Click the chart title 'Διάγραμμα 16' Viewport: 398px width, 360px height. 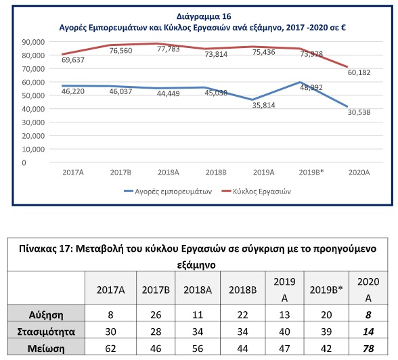(x=204, y=16)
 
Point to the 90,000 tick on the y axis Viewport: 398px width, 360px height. (x=33, y=42)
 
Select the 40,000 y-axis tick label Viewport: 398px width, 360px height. (x=33, y=109)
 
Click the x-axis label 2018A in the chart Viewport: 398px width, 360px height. (x=169, y=173)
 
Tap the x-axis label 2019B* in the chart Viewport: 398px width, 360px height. (x=311, y=173)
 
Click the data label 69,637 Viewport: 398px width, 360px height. (x=73, y=60)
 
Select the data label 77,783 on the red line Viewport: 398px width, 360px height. (x=169, y=49)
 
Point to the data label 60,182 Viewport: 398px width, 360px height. (x=359, y=72)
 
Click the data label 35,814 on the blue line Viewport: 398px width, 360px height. (x=263, y=105)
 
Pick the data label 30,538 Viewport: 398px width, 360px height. (x=359, y=112)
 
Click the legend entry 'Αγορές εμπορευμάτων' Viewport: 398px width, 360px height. (x=168, y=192)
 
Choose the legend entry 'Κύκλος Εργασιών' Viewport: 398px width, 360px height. (x=256, y=192)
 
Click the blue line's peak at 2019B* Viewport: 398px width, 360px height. (x=300, y=82)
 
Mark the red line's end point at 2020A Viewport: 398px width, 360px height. (x=347, y=67)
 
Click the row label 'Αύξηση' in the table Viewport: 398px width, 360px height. (x=46, y=315)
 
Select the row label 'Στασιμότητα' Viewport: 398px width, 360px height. (x=46, y=332)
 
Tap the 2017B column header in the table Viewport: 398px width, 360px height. (x=156, y=290)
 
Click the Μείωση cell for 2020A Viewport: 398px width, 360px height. (x=368, y=348)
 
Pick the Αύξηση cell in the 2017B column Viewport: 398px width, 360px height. (x=156, y=315)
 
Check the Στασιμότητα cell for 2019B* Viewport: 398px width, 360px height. (x=326, y=332)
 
